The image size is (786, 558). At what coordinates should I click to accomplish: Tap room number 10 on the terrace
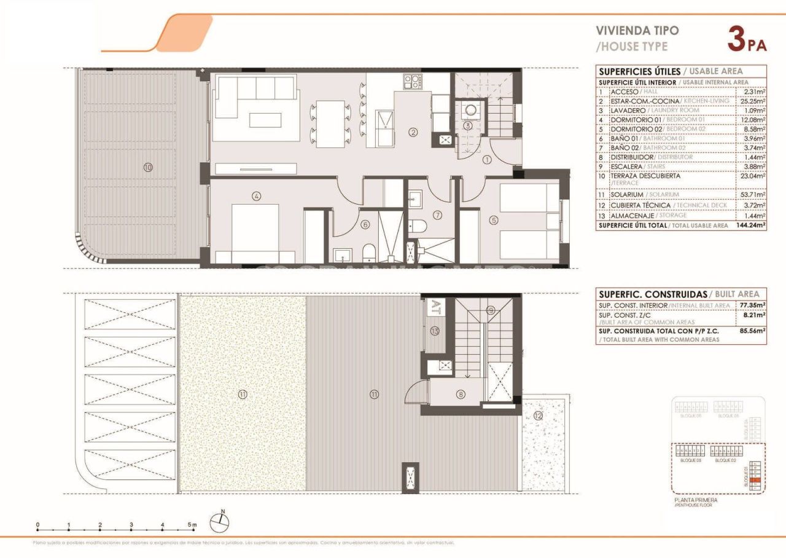pyautogui.click(x=148, y=167)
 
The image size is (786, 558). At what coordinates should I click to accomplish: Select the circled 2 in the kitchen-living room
pyautogui.click(x=413, y=132)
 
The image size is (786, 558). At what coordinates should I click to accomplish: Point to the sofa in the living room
pyautogui.click(x=255, y=101)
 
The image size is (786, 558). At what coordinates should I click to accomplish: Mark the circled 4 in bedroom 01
pyautogui.click(x=257, y=197)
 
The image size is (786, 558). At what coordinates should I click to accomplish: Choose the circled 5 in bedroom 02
pyautogui.click(x=494, y=219)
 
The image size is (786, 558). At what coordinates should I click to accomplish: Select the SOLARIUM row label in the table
pyautogui.click(x=628, y=195)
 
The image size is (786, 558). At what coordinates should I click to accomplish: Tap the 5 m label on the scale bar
pyautogui.click(x=193, y=525)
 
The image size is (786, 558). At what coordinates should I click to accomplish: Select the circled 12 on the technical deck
pyautogui.click(x=538, y=416)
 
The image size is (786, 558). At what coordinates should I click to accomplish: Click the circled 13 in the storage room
pyautogui.click(x=435, y=331)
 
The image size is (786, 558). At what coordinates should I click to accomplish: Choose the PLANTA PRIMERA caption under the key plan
pyautogui.click(x=695, y=500)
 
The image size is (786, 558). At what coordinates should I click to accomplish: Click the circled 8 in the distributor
pyautogui.click(x=460, y=395)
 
